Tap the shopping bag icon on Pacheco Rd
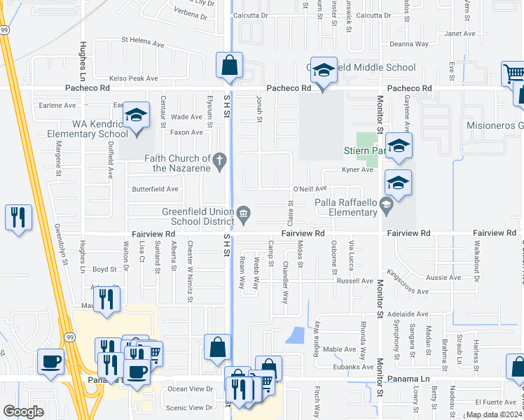229,67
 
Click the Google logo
23,412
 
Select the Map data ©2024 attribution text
493,414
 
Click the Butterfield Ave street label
155,189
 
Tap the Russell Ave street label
354,281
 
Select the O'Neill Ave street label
310,189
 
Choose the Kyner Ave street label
357,170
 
